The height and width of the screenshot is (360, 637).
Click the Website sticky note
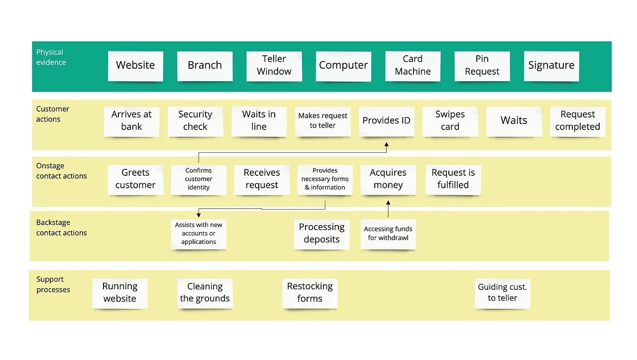pyautogui.click(x=135, y=65)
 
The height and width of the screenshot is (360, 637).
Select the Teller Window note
pyautogui.click(x=274, y=65)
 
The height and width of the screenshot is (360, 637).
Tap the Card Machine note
pyautogui.click(x=413, y=65)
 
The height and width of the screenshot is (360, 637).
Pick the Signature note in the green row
pyautogui.click(x=551, y=65)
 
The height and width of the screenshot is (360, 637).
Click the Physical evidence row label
pyautogui.click(x=51, y=57)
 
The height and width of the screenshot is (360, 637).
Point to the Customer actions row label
pyautogui.click(x=52, y=114)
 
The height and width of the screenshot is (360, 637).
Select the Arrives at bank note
pyautogui.click(x=131, y=120)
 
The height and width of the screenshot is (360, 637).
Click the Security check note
pyautogui.click(x=195, y=120)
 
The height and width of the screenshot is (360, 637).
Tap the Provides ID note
pyautogui.click(x=386, y=120)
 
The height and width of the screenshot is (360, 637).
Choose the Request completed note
pyautogui.click(x=577, y=120)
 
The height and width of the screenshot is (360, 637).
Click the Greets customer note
pyautogui.click(x=135, y=179)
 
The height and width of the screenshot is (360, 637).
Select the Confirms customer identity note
pyautogui.click(x=199, y=179)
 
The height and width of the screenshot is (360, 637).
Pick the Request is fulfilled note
pyautogui.click(x=453, y=179)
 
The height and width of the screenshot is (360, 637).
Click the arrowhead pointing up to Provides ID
pyautogui.click(x=386, y=145)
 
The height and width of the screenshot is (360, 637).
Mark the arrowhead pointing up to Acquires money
pyautogui.click(x=388, y=203)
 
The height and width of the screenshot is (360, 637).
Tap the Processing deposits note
pyautogui.click(x=321, y=233)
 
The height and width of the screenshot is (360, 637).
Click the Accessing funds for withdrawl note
pyautogui.click(x=388, y=234)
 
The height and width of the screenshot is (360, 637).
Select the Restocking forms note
pyautogui.click(x=310, y=292)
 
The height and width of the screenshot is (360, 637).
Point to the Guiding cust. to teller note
pyautogui.click(x=502, y=292)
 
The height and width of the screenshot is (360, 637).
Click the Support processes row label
pyautogui.click(x=53, y=284)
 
